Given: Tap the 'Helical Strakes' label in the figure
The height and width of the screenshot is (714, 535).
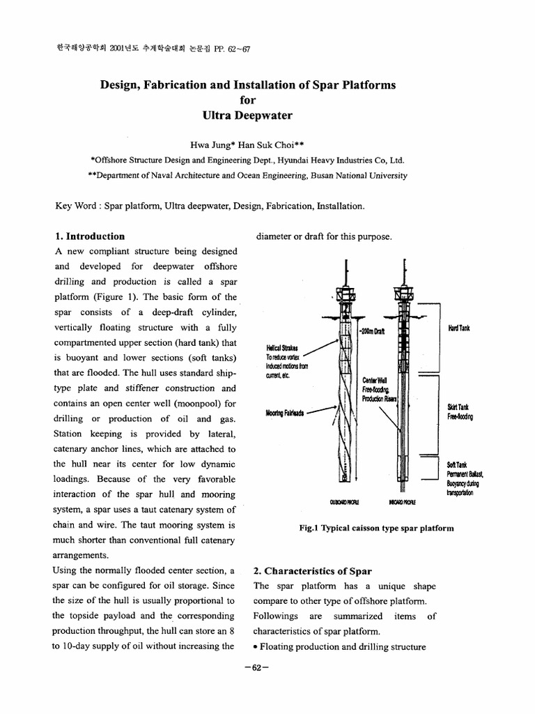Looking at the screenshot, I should (281, 348).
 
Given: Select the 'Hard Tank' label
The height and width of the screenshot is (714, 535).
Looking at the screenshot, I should (460, 328).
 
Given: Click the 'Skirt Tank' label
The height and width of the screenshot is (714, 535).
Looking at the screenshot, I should (458, 407).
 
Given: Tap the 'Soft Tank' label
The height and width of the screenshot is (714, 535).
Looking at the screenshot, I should (456, 464).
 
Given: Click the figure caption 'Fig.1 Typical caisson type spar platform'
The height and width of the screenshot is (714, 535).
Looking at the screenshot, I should (375, 528).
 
